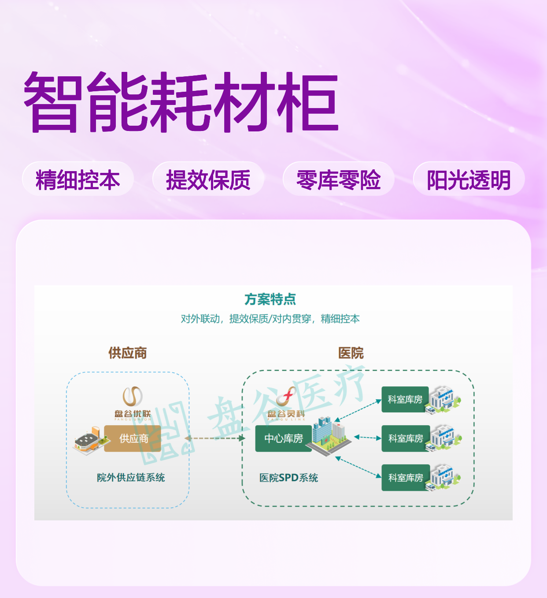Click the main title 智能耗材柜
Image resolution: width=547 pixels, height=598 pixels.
point(181,102)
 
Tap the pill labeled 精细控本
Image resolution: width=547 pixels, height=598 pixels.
point(78,179)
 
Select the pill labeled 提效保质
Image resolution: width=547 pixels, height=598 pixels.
point(208,179)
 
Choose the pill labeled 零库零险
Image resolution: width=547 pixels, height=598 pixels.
point(339,179)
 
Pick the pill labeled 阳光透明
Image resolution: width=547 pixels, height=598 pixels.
point(469,179)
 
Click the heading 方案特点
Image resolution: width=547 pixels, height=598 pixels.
point(270,299)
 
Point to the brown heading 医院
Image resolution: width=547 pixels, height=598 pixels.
point(351,353)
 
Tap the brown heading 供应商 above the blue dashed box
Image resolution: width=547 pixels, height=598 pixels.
point(127,353)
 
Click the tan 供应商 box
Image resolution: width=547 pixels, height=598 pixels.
point(133,438)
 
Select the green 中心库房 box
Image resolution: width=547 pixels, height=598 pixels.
point(284,438)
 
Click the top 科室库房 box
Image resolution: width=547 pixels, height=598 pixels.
point(405,400)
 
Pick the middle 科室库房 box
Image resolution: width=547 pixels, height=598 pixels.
point(406,438)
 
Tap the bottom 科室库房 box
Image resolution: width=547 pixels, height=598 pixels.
point(406,478)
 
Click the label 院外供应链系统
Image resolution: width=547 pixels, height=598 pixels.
point(131,478)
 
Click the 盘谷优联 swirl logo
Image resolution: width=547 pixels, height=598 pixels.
point(133,396)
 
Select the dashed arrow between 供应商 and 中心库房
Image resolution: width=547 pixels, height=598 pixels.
point(214,438)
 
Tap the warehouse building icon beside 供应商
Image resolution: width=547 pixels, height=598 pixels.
point(90,441)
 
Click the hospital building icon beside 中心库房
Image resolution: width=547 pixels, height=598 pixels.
point(329,436)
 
